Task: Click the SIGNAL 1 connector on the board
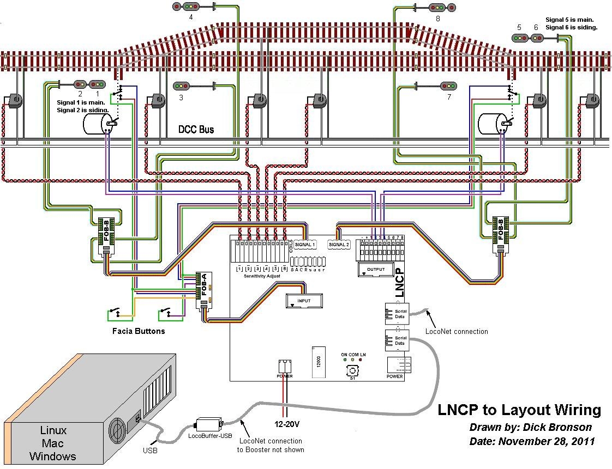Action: click(305, 245)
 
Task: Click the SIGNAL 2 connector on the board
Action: click(339, 245)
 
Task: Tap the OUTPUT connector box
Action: click(375, 270)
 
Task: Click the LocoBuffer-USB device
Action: click(208, 425)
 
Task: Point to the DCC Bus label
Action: click(196, 130)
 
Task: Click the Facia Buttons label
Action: click(139, 331)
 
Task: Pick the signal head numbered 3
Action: click(181, 86)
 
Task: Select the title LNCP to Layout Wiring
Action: click(519, 410)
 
